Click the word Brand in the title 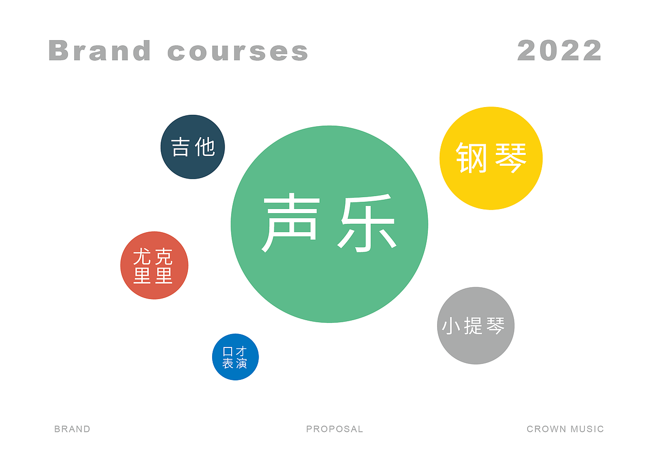coord(100,51)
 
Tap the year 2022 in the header coord(559,51)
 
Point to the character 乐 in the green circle coord(367,222)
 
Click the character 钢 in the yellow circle coord(471,158)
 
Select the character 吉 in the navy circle coord(180,147)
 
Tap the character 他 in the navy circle coord(205,147)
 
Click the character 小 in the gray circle coord(451,326)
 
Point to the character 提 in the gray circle coord(473,326)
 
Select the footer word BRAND coord(72,429)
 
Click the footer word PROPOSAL coord(335,429)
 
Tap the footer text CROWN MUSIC coord(565,429)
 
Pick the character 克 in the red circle coord(164,256)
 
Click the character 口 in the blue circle coord(228,352)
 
